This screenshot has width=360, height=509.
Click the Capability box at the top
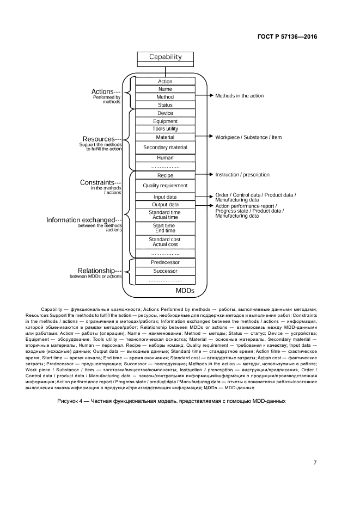165,57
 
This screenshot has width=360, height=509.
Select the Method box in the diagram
165,97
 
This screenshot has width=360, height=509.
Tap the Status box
165,105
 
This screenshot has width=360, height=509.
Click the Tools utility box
165,129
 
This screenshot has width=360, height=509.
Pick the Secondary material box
165,148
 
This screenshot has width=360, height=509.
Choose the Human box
165,158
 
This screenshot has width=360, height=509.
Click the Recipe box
165,176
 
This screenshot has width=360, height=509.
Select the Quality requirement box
165,186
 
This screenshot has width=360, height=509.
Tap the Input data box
165,197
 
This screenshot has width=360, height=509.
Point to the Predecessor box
165,262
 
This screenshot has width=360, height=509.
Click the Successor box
165,271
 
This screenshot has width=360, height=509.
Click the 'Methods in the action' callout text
239,96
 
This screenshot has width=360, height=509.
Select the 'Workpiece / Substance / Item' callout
248,137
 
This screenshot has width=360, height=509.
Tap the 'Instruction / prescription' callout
242,175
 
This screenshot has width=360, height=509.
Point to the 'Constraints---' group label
100,182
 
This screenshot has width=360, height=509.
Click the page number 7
315,463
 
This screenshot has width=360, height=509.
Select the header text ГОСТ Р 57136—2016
287,37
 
